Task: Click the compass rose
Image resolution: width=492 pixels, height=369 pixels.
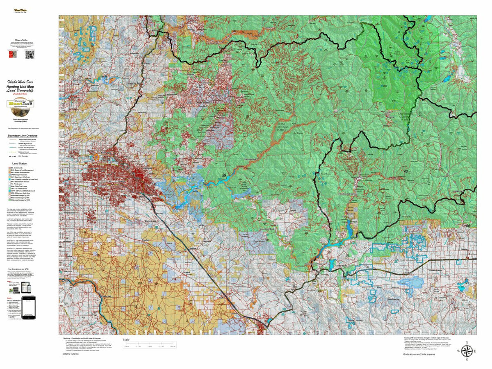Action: pos(466,351)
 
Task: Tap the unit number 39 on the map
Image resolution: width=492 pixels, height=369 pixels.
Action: pos(224,175)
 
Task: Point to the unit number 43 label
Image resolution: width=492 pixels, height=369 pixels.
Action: pos(406,171)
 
